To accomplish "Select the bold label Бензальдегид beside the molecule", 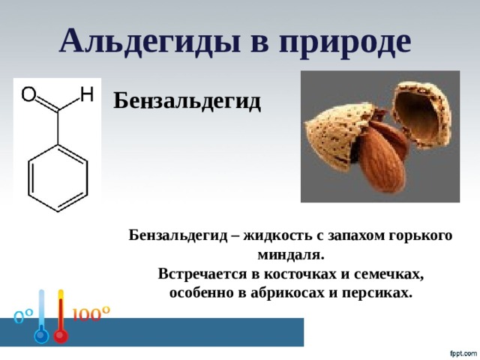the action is (187, 101).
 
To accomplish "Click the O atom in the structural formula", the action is (28, 94).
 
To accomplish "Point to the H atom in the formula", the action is (87, 94).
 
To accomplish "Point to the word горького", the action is (421, 236).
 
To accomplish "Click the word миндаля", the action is (290, 255).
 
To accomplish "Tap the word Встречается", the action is (202, 274).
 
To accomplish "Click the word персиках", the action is (377, 294).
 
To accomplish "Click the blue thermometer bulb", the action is (42, 336).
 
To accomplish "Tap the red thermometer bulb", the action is (61, 336).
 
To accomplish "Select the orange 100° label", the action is (91, 313).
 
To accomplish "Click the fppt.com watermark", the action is (463, 354).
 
